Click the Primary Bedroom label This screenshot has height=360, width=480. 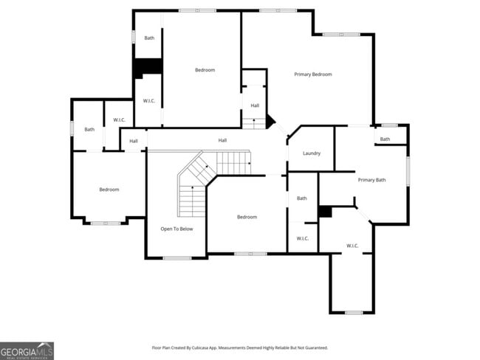[312, 75]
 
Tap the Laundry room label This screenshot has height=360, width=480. [312, 153]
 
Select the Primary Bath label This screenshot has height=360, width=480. [371, 180]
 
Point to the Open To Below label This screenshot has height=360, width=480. [176, 229]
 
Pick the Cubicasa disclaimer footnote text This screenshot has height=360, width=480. [239, 347]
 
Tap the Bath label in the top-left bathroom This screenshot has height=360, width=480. [149, 38]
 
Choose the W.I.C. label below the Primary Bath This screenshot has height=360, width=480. [352, 246]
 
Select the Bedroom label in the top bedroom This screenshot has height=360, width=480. [205, 70]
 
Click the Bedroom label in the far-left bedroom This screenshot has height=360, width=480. [109, 190]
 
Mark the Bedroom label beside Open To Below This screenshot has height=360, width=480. [247, 217]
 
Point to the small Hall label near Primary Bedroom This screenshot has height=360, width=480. [254, 105]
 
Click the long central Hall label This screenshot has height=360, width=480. [222, 140]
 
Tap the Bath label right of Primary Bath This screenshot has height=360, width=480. [385, 139]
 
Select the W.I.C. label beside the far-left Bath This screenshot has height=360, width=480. [119, 120]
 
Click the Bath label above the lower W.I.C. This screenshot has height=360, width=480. [301, 198]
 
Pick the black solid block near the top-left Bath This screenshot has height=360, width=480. [148, 67]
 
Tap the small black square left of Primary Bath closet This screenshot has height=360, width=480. [324, 212]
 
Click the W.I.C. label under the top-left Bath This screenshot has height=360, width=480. [148, 101]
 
